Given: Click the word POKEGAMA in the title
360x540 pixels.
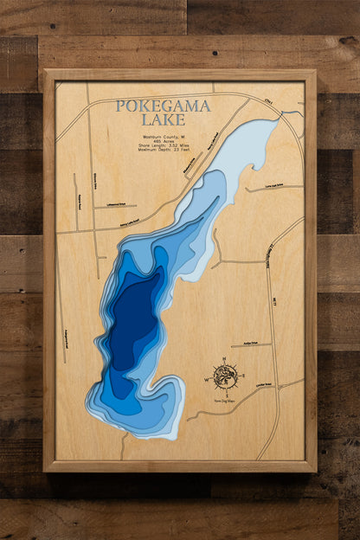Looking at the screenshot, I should point(163,106).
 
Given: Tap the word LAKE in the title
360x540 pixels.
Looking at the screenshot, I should point(163,119).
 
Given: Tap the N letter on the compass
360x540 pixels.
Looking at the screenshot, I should point(225,358).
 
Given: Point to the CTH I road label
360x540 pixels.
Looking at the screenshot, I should point(269,102).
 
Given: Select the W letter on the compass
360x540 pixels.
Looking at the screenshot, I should point(207,379).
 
